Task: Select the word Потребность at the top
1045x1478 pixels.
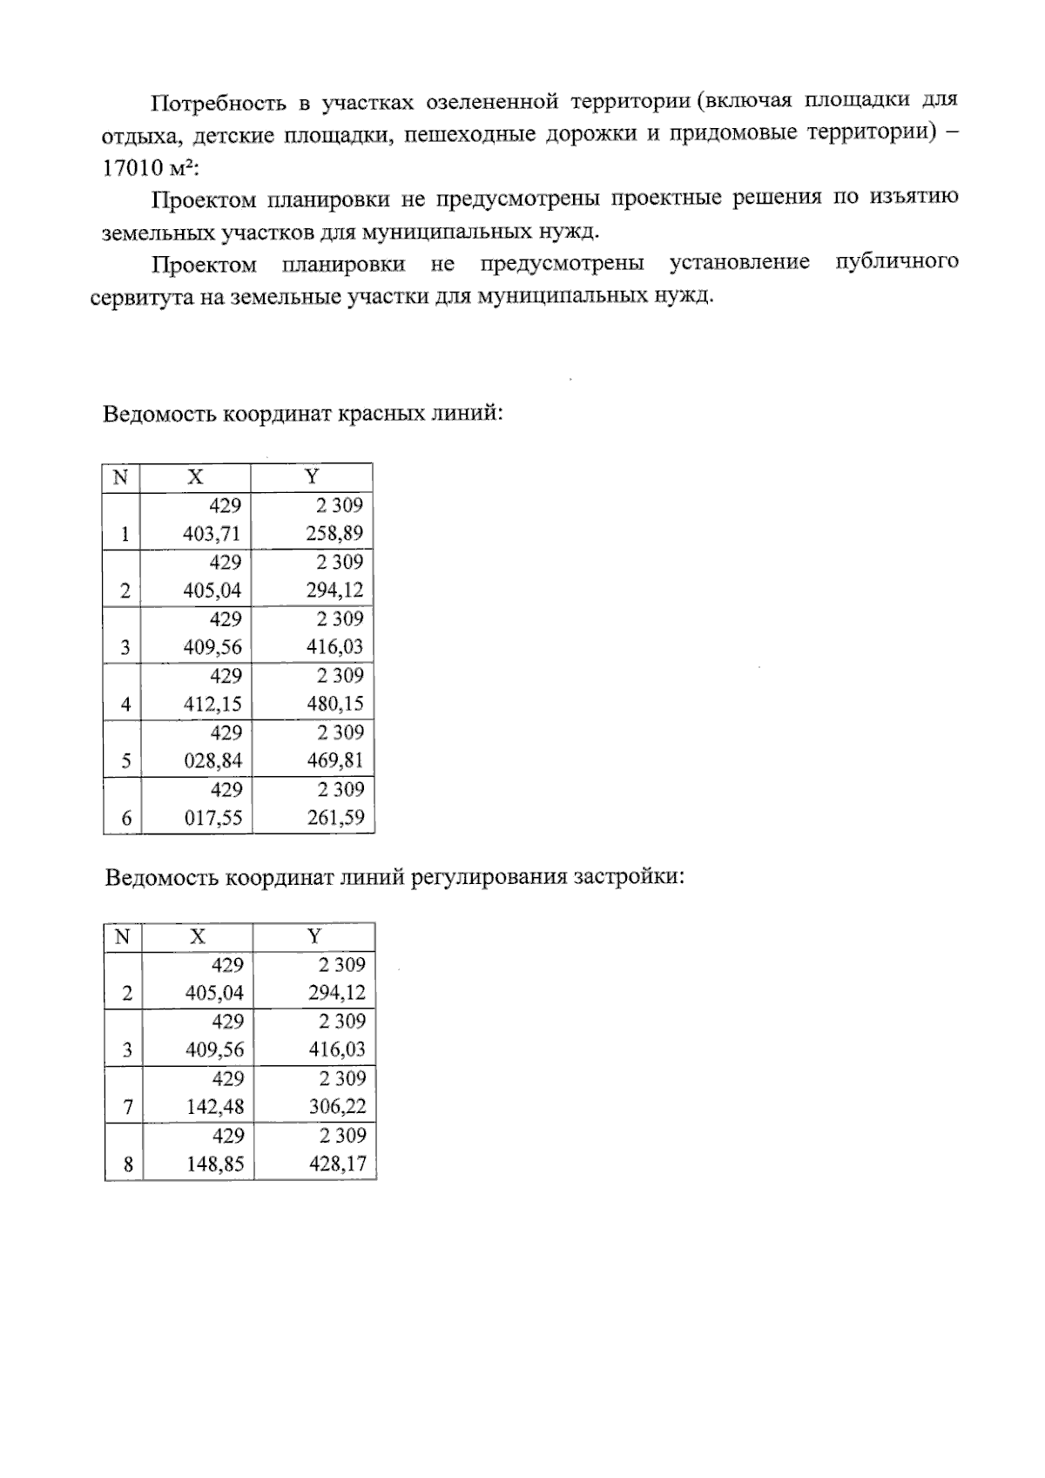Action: click(218, 104)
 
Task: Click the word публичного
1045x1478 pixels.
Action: click(897, 262)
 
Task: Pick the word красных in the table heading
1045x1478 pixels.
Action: click(382, 413)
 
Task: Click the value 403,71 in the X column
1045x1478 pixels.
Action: click(212, 534)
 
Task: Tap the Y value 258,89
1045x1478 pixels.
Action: click(334, 534)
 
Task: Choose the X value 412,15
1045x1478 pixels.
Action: click(212, 704)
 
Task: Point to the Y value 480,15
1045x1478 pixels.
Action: click(335, 704)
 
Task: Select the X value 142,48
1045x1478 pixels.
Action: click(215, 1107)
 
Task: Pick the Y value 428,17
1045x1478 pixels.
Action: click(338, 1164)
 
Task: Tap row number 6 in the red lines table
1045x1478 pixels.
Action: click(126, 819)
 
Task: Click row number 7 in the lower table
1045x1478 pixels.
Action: click(128, 1108)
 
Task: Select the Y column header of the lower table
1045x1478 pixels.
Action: click(314, 936)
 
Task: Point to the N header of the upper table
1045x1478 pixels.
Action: click(121, 477)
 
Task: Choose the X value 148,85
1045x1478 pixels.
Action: click(215, 1164)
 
